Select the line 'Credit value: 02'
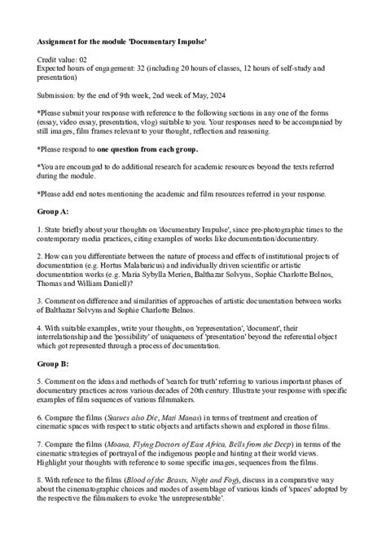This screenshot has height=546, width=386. point(67,60)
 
